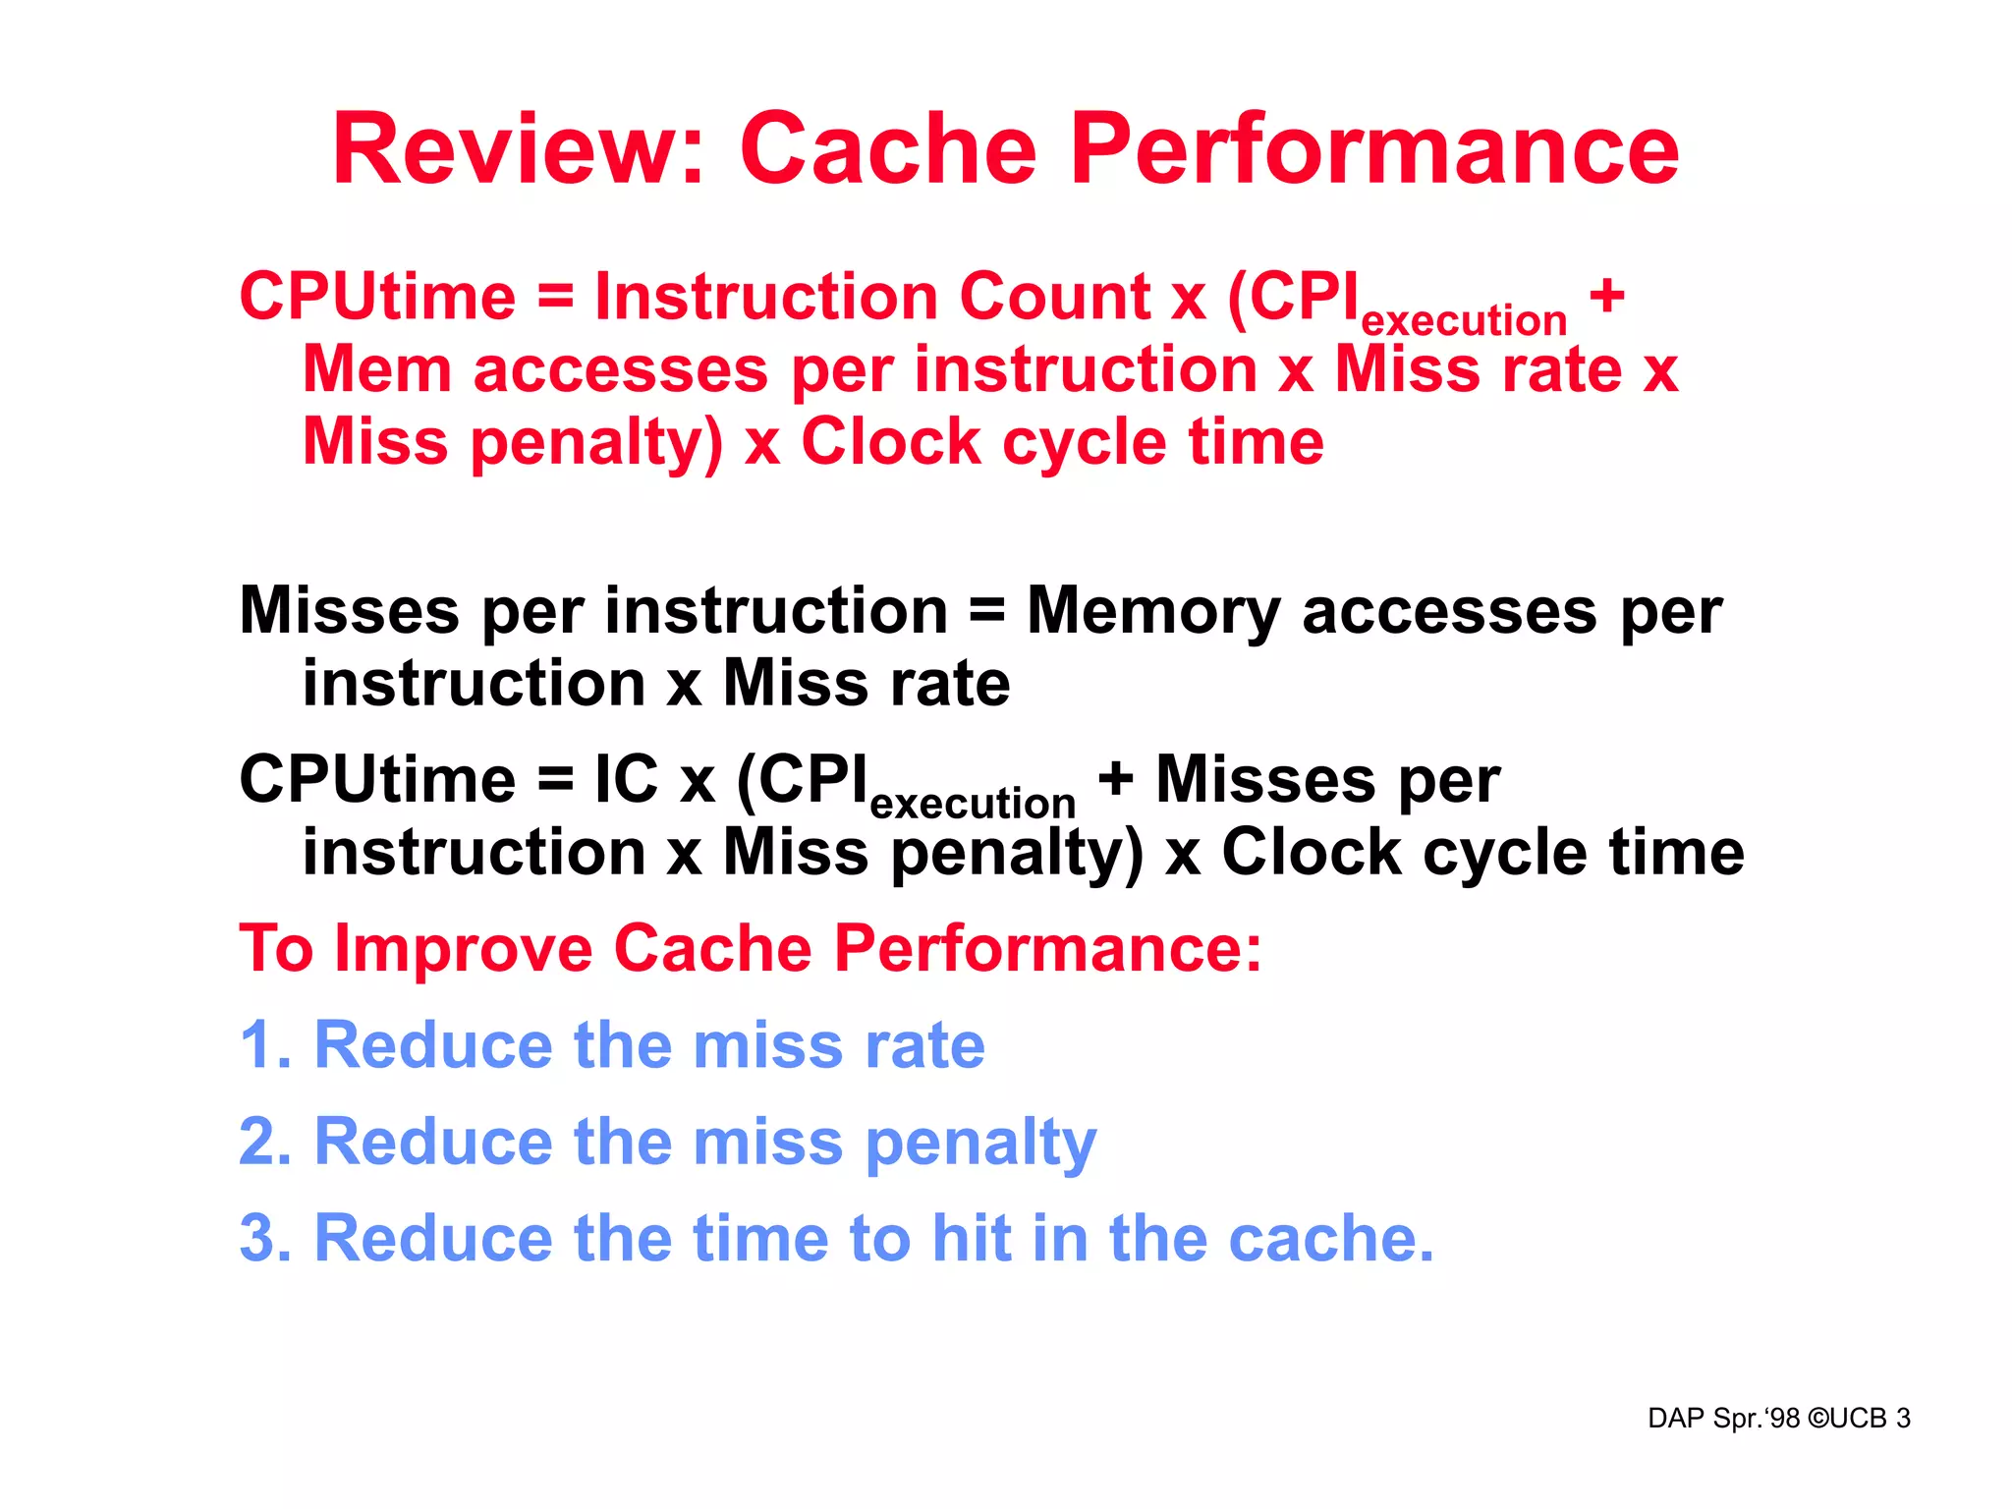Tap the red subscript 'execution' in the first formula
tap(1464, 321)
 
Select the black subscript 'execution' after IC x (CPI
tap(973, 804)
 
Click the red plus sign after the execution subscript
tap(1607, 295)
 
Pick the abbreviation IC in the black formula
tap(626, 780)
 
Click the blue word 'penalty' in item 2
tap(980, 1145)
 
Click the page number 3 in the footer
tap(1903, 1419)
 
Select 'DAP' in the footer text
tap(1676, 1419)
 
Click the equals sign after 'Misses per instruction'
tap(986, 611)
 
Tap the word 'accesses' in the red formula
tap(621, 370)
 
